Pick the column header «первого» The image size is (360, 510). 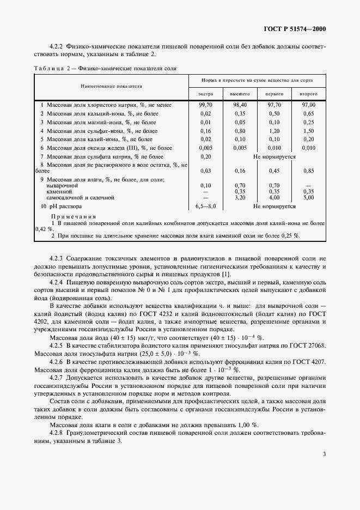click(274, 94)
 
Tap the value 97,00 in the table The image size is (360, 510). click(309, 104)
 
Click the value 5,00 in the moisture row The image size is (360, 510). click(309, 198)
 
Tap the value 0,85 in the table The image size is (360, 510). click(309, 171)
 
